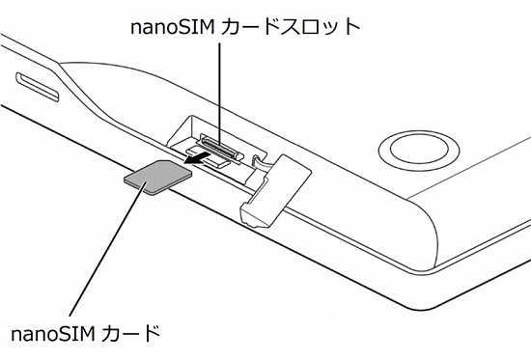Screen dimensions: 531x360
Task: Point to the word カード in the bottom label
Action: tap(134, 335)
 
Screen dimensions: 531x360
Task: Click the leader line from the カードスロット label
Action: tap(221, 87)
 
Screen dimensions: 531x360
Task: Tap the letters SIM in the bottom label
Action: tap(75, 335)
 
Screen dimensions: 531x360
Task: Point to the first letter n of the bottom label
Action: tap(15, 336)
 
